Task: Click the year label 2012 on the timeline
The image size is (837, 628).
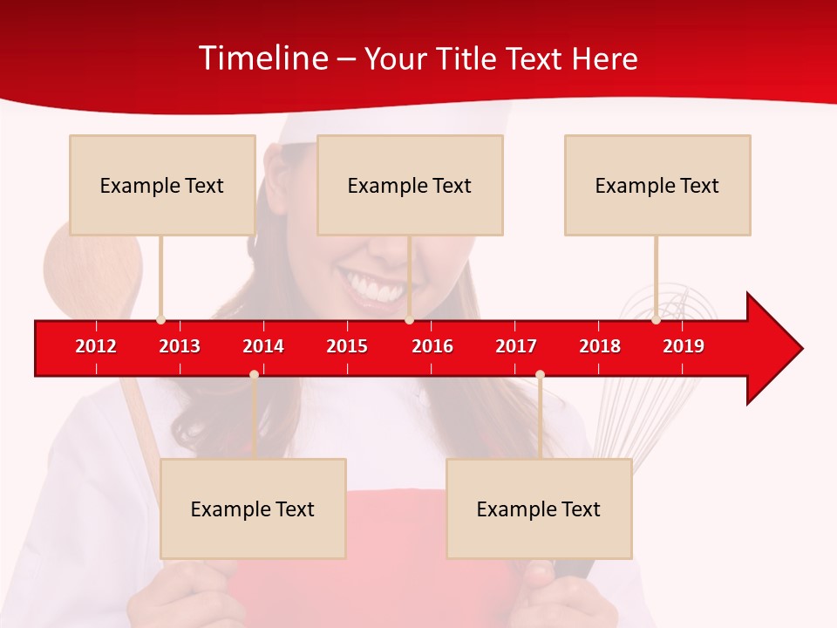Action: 96,346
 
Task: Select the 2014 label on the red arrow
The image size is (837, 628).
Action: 263,346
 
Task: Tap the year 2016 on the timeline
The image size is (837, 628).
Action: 432,346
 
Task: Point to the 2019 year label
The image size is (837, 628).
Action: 684,346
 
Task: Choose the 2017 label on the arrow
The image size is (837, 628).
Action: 516,346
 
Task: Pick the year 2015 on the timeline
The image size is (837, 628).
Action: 347,346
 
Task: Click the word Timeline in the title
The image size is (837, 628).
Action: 262,58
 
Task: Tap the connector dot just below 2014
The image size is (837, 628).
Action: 254,374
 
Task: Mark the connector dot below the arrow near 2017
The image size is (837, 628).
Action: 540,374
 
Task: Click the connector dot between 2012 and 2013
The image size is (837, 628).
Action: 160,320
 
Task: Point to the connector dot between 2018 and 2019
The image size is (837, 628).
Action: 656,320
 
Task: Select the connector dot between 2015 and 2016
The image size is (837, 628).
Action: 409,320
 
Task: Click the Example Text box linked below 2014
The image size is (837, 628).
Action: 253,509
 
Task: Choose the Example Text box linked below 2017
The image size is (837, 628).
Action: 539,509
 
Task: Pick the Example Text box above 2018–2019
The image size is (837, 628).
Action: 657,185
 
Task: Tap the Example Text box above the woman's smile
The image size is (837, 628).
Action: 410,185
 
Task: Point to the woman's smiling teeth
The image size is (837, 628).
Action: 371,286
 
